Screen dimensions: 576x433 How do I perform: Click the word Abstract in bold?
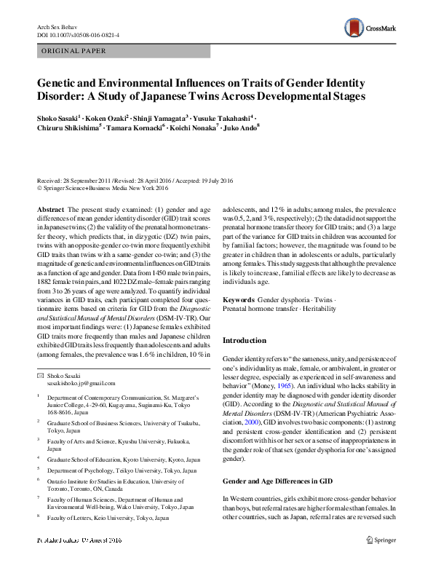click(49, 209)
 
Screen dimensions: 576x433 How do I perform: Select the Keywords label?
click(238, 300)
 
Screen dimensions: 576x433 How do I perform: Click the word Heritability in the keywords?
click(317, 309)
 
